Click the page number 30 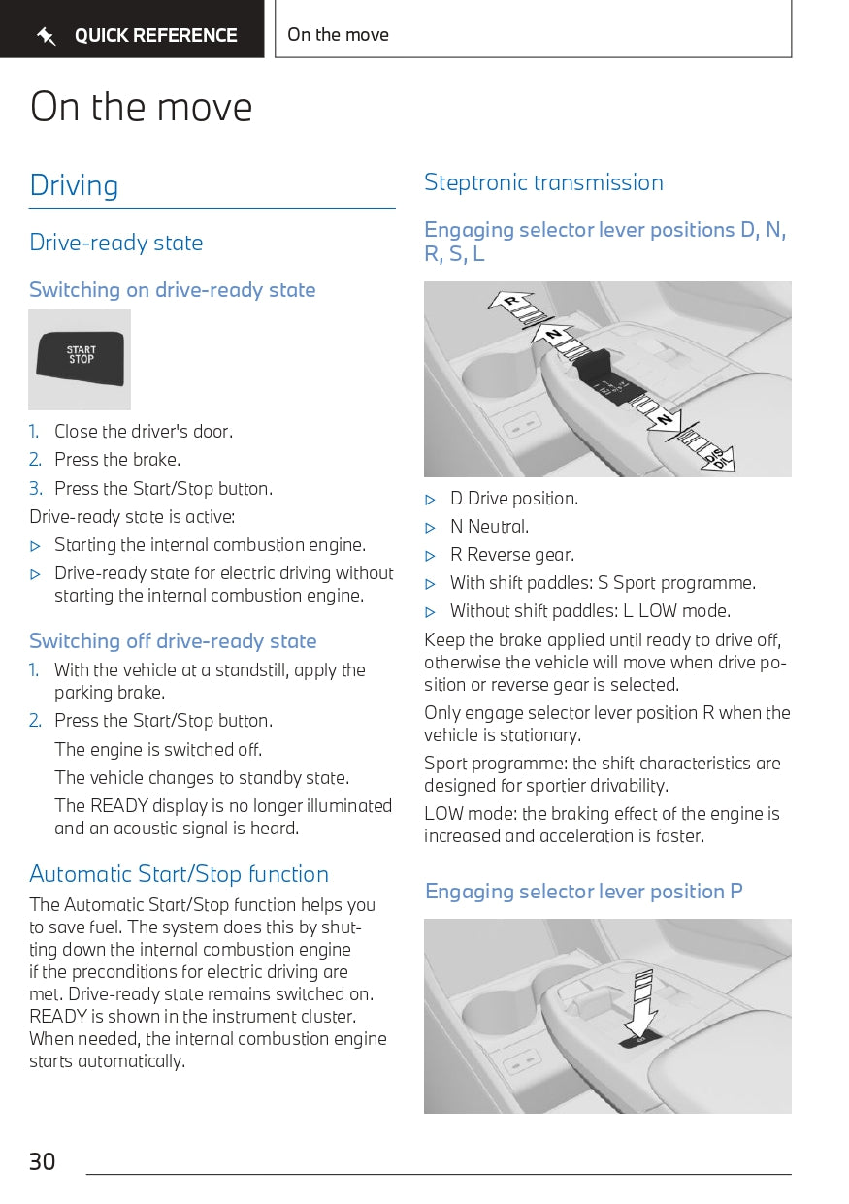point(43,1161)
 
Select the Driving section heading point(74,185)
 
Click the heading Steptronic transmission point(543,182)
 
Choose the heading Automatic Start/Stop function point(179,874)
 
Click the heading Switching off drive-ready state point(173,641)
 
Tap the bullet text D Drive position point(513,499)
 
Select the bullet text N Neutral point(489,527)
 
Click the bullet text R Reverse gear point(511,555)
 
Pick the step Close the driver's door point(144,432)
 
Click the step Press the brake point(117,460)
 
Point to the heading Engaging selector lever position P point(583,892)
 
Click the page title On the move point(142,107)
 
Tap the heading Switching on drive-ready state point(173,290)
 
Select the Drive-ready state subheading point(116,243)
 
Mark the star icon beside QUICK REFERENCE point(46,37)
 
